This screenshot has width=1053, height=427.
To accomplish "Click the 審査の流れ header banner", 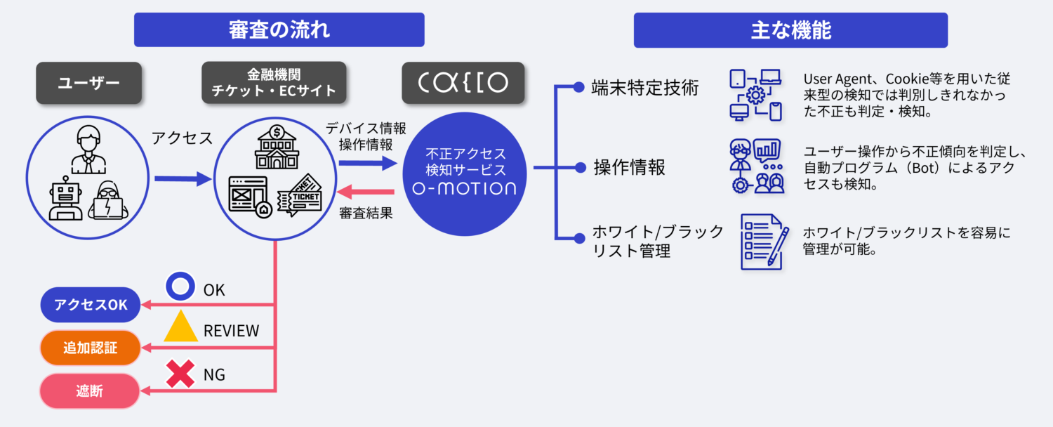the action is [x=279, y=29].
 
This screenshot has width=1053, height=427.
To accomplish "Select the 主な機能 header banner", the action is [x=790, y=30].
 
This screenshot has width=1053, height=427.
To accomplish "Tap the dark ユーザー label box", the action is [x=89, y=83].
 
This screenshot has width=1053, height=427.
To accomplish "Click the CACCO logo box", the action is [x=463, y=83].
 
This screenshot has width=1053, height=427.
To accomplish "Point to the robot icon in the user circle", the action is [x=65, y=198].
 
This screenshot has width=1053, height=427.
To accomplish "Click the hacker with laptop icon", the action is [x=108, y=200].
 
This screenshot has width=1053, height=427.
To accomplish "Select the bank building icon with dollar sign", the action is [x=277, y=147].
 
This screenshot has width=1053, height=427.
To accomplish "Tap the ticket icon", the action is [x=300, y=195].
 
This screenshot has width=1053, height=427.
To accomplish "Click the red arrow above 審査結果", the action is [x=366, y=192].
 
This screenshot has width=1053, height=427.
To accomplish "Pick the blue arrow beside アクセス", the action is [x=183, y=178].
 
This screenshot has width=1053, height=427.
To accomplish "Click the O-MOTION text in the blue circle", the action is [x=465, y=189].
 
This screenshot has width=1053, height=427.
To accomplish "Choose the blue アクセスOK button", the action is [x=91, y=305].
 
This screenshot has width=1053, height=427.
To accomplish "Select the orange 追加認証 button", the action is [x=91, y=348].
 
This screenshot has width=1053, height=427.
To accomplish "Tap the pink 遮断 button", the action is [x=90, y=390].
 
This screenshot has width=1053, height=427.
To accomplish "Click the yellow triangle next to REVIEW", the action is [x=180, y=326].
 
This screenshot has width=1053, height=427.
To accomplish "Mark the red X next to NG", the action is [x=180, y=374].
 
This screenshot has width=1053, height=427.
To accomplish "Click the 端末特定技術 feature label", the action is [x=645, y=88].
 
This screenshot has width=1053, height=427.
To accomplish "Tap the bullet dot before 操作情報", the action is [x=581, y=167].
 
